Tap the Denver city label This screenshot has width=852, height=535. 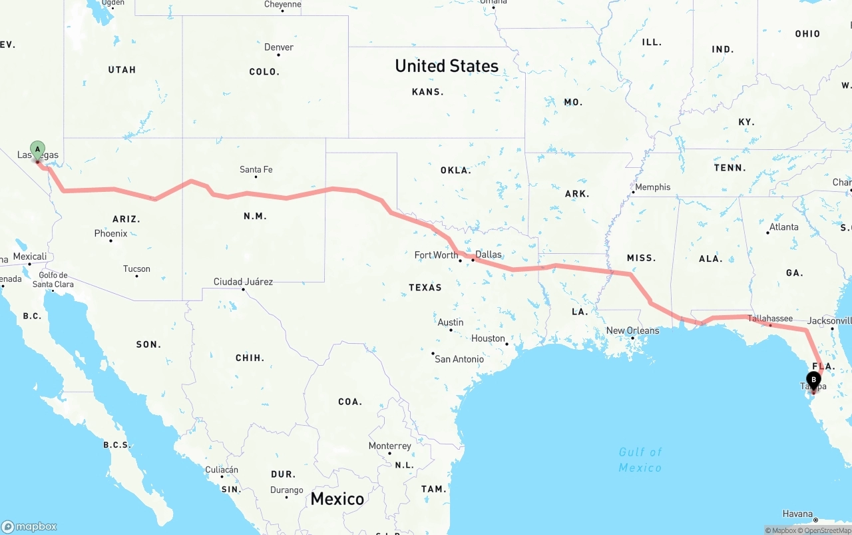[x=279, y=47]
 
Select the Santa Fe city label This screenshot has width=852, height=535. [x=256, y=170]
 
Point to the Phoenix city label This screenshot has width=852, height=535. [x=110, y=234]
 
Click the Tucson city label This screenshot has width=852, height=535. [x=136, y=269]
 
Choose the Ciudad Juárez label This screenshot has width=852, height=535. [x=243, y=282]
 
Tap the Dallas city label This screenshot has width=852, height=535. [x=489, y=255]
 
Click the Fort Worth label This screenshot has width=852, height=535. [x=436, y=255]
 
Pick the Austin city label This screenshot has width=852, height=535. [x=451, y=322]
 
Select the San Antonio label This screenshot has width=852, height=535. [x=459, y=359]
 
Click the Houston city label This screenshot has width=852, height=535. [x=488, y=338]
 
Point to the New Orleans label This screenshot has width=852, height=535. [x=632, y=330]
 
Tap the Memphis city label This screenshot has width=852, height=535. [x=652, y=187]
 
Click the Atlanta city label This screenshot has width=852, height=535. [x=783, y=227]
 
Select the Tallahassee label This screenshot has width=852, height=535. [x=770, y=318]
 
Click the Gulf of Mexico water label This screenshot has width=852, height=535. [x=640, y=460]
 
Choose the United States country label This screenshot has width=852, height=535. [x=447, y=66]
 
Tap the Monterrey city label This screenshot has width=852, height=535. [x=389, y=446]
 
